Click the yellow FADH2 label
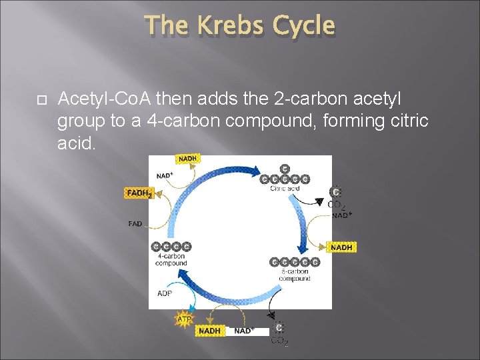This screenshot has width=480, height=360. (139, 193)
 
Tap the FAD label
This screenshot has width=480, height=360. (135, 224)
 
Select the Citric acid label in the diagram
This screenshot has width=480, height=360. (285, 189)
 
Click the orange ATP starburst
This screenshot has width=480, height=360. (184, 319)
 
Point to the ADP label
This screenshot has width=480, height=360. (165, 293)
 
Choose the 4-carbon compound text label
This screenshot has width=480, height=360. (171, 259)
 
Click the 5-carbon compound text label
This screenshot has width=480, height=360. (294, 275)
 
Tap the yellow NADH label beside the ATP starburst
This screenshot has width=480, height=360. (209, 331)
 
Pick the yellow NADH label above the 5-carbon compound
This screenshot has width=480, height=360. (341, 247)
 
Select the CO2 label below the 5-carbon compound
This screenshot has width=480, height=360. (279, 341)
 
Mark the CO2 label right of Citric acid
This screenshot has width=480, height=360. (337, 205)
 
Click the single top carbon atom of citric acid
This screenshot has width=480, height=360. (285, 169)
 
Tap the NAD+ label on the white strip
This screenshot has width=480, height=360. (244, 331)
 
